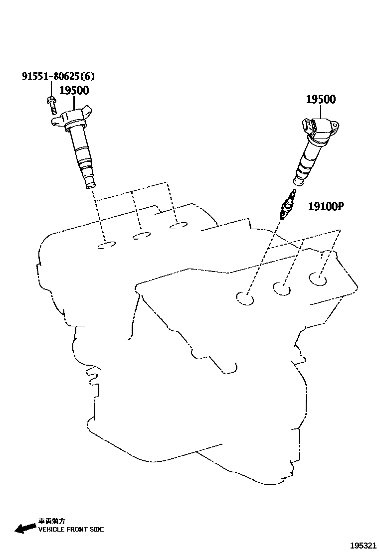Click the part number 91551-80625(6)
[58, 76]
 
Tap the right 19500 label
[320, 99]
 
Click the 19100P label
[326, 206]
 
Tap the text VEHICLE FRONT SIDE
[71, 529]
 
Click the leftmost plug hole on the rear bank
[107, 245]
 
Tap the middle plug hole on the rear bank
[142, 235]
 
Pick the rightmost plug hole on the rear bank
[178, 227]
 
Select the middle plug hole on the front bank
[282, 288]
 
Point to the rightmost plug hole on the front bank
[317, 279]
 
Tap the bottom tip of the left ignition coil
[90, 186]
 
